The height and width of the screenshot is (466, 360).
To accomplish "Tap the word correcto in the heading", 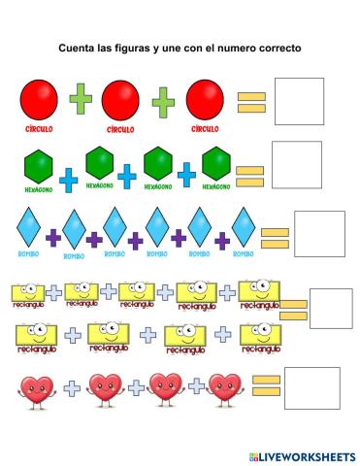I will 277,47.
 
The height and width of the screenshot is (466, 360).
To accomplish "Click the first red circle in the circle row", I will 39,100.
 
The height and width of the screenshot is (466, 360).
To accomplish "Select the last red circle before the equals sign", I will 205,99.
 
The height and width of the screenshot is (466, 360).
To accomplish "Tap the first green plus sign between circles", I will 81,100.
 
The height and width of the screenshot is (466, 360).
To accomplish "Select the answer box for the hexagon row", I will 296,165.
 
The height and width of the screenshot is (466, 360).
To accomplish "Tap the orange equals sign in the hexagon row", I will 249,176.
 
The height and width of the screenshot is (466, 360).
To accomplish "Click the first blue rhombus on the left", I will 28,229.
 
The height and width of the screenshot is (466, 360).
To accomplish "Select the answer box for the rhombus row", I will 319,234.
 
